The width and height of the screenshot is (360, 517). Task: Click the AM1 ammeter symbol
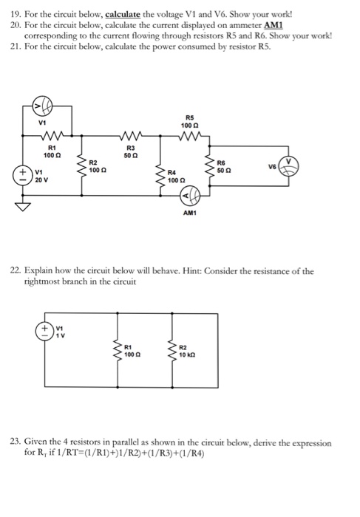[x=190, y=196]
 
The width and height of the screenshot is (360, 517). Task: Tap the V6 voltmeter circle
[x=289, y=165]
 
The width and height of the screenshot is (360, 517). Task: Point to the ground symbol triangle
[x=23, y=207]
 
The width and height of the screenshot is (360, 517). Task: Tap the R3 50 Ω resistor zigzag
[x=132, y=135]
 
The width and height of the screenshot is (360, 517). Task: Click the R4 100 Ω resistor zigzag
[x=160, y=178]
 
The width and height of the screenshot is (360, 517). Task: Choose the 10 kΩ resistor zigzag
[x=172, y=351]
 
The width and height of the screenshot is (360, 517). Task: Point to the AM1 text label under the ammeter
[x=189, y=213]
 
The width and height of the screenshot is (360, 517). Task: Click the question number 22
[x=16, y=271]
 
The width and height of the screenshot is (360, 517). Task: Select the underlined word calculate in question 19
[x=123, y=15]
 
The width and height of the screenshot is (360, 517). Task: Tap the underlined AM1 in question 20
[x=274, y=25]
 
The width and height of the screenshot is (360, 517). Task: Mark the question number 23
[x=16, y=442]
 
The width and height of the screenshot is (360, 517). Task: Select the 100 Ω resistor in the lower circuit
[x=118, y=351]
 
